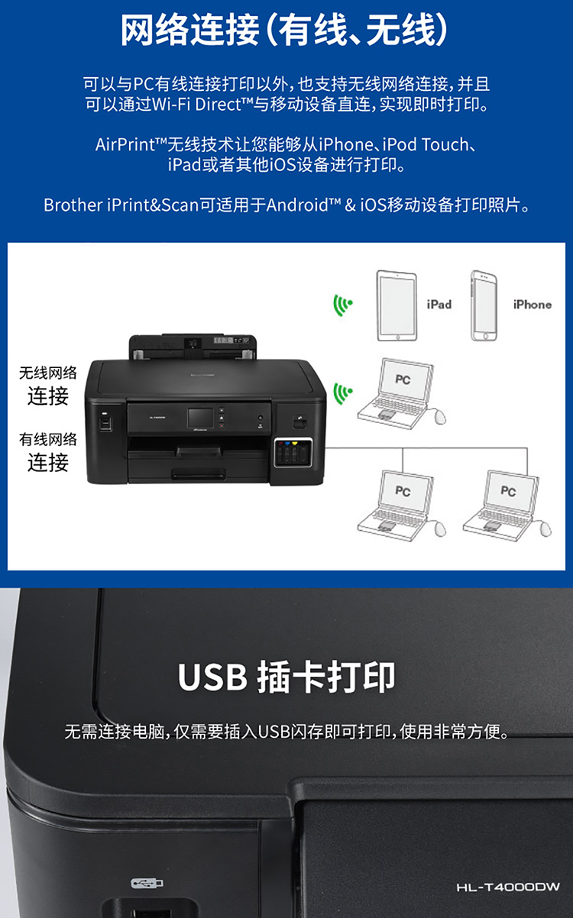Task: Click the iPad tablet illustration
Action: pos(397,305)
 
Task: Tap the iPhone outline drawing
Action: pos(484,305)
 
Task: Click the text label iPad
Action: pos(439,305)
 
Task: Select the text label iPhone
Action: pos(533,305)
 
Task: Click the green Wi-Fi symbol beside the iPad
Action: pos(342,305)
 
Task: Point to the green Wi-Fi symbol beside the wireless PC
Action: pos(342,393)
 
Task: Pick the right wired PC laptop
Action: pos(507,506)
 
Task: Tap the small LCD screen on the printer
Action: pos(200,418)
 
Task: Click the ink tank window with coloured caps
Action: pos(293,453)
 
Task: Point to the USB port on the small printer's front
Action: pos(105,422)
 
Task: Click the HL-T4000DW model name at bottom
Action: pos(508,887)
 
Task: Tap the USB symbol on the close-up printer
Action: pos(147,883)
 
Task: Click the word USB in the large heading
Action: pos(212,677)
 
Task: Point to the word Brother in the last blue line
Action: pos(73,205)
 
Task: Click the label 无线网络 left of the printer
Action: pos(48,373)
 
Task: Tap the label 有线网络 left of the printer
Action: pos(48,439)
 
